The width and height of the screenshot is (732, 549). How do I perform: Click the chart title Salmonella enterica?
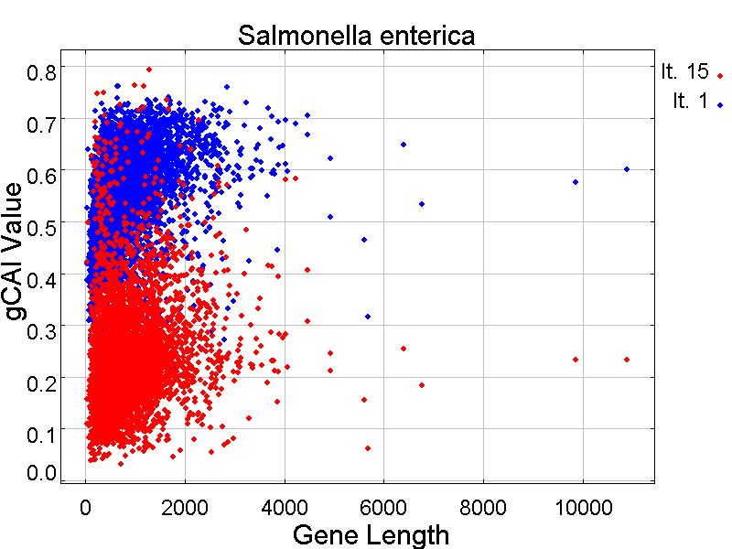point(357,37)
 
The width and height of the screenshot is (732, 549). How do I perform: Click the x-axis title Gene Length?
point(371,534)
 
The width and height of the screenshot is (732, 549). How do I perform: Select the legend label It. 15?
point(684,72)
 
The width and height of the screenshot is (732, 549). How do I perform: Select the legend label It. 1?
point(690,102)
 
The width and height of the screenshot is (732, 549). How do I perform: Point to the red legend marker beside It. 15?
point(721,76)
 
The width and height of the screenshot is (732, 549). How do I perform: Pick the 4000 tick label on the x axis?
point(285,507)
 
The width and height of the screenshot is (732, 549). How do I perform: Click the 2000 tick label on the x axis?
point(185,507)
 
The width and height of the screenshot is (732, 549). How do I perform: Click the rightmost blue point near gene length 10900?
point(627,169)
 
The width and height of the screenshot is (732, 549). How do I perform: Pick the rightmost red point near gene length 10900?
point(627,360)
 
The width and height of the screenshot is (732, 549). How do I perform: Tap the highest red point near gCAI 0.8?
point(149,69)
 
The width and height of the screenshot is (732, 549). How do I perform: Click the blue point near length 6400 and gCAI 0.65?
point(404,145)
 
